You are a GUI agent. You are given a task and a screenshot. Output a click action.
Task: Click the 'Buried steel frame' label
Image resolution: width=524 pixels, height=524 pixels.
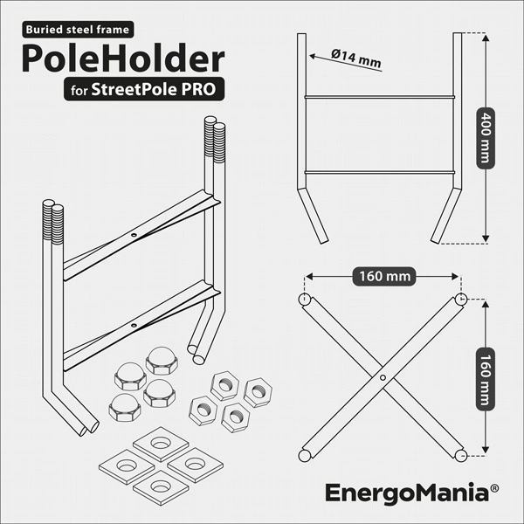(78, 30)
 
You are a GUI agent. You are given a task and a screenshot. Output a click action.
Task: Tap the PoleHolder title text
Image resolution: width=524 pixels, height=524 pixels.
(123, 59)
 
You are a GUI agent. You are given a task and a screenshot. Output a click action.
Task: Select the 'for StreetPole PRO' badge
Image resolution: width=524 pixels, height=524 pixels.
(144, 89)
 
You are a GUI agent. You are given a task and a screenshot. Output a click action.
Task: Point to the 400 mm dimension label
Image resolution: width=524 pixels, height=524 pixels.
(486, 138)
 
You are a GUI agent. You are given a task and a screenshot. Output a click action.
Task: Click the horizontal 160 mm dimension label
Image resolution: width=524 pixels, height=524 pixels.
(384, 276)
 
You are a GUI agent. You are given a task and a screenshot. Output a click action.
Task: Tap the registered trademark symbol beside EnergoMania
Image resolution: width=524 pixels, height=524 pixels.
(494, 488)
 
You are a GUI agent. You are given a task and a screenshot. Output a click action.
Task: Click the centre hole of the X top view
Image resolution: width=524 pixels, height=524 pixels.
(383, 377)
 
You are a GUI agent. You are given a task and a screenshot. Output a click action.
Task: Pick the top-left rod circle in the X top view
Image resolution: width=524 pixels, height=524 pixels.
(305, 299)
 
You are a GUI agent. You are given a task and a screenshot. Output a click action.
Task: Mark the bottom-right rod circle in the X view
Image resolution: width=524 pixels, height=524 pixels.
(461, 456)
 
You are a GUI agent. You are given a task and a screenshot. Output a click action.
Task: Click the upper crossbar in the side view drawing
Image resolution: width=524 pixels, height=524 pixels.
(380, 97)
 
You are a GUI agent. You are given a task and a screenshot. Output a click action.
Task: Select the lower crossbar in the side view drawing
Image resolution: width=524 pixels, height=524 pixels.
(380, 172)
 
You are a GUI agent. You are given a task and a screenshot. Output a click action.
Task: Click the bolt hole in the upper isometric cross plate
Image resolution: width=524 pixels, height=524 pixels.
(134, 235)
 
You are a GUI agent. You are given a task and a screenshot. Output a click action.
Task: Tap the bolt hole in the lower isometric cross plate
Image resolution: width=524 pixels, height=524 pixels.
(134, 325)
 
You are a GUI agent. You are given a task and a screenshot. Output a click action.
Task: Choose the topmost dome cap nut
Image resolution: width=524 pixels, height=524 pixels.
(162, 361)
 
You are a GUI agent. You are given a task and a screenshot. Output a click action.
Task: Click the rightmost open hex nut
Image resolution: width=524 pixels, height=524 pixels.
(258, 392)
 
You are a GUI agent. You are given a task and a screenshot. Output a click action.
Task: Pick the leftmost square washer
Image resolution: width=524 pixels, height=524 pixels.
(127, 467)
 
